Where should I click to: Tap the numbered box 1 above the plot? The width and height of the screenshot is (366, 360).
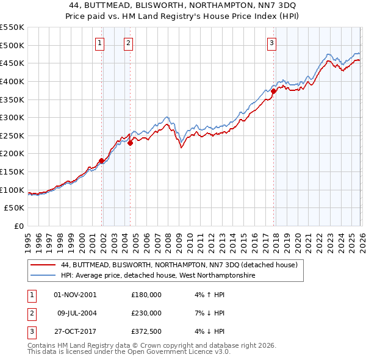pos(99,43)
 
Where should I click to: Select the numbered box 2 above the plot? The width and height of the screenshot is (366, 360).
pos(129,43)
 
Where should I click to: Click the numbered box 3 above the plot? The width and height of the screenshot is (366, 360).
pos(271,43)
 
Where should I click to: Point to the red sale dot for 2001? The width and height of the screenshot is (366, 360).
pos(101,160)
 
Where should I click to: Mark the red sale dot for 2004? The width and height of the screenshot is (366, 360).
pos(130,143)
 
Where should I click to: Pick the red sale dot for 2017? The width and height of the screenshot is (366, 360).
pos(274,91)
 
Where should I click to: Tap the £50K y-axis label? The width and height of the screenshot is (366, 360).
pos(15,208)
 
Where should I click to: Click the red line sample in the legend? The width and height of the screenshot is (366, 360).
pos(43,265)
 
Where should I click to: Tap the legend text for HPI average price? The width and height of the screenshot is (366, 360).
pos(158,276)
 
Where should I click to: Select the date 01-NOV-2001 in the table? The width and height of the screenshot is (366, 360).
pos(75,295)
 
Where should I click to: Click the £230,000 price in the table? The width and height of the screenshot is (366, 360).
pos(146,313)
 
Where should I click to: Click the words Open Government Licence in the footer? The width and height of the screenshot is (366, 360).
pos(174,352)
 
